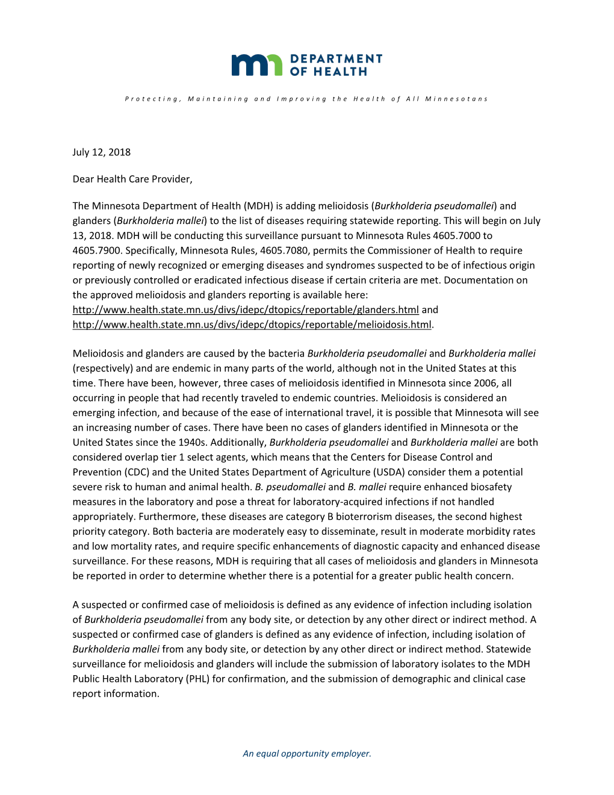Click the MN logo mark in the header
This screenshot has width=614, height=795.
click(x=256, y=65)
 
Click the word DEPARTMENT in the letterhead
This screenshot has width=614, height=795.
click(x=336, y=58)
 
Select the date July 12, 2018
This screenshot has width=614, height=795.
click(x=101, y=152)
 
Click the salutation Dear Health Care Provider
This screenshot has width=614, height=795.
click(x=132, y=179)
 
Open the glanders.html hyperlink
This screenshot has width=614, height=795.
click(x=246, y=310)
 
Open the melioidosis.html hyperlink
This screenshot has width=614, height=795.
click(x=252, y=325)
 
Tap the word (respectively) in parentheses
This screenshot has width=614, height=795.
click(x=102, y=368)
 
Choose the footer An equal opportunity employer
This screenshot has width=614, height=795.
click(x=307, y=753)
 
